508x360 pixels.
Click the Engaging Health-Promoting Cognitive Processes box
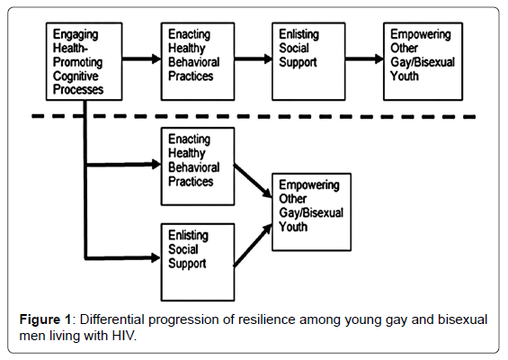[x=84, y=61]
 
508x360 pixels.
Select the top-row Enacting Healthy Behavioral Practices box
[x=198, y=61]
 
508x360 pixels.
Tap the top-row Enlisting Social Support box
[x=308, y=61]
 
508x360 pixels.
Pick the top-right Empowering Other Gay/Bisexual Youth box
[x=423, y=61]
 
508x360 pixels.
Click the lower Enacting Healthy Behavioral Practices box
[x=198, y=166]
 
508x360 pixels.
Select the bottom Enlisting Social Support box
[x=198, y=262]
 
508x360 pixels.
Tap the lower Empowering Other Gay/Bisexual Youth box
[x=311, y=211]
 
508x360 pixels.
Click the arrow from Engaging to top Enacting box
[x=141, y=59]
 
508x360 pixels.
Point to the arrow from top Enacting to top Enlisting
[x=254, y=59]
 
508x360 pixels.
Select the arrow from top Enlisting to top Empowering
[x=364, y=59]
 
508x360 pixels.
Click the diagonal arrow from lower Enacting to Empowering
[x=253, y=181]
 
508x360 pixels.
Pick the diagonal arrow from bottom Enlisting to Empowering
[x=253, y=246]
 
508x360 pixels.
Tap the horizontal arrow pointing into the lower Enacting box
[x=124, y=165]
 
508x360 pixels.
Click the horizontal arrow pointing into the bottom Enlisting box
[x=124, y=258]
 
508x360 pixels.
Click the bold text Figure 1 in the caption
[x=45, y=319]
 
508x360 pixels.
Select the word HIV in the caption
[x=123, y=336]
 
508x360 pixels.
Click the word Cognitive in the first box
[x=76, y=76]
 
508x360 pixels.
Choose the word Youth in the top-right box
[x=405, y=76]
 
